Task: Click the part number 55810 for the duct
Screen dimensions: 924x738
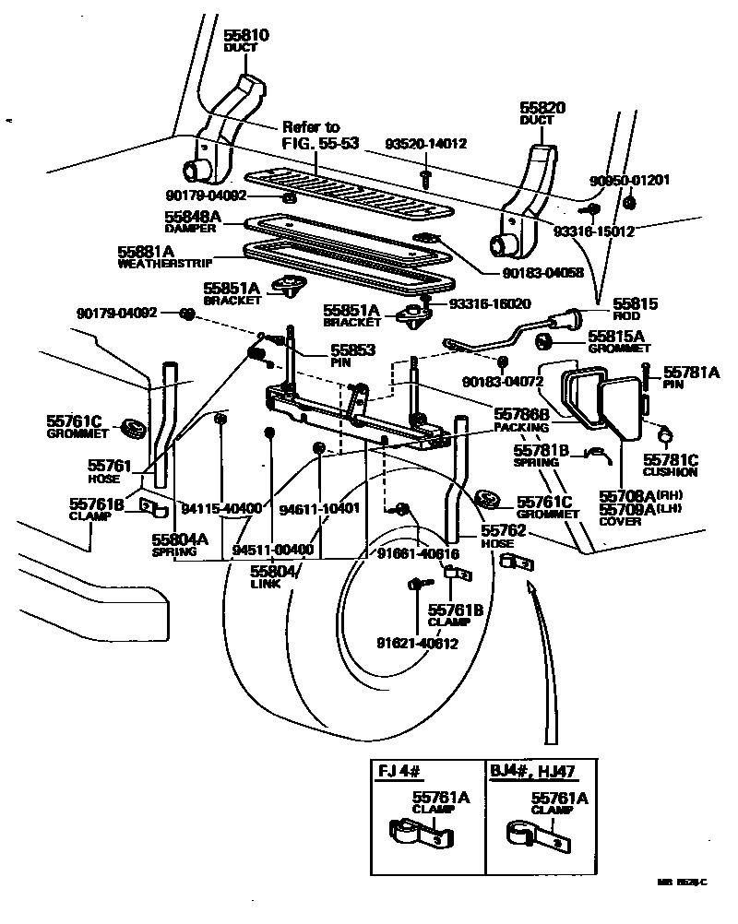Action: pos(246,37)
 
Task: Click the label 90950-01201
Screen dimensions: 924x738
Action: pos(629,180)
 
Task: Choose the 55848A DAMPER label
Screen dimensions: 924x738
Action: pos(193,220)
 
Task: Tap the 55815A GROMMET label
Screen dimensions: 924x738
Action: pos(619,342)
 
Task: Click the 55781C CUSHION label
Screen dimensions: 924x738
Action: pos(670,465)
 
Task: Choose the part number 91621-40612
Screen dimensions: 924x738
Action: pos(417,644)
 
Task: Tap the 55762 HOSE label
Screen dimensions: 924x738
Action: pos(503,537)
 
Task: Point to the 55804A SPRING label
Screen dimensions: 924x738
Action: pos(180,544)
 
